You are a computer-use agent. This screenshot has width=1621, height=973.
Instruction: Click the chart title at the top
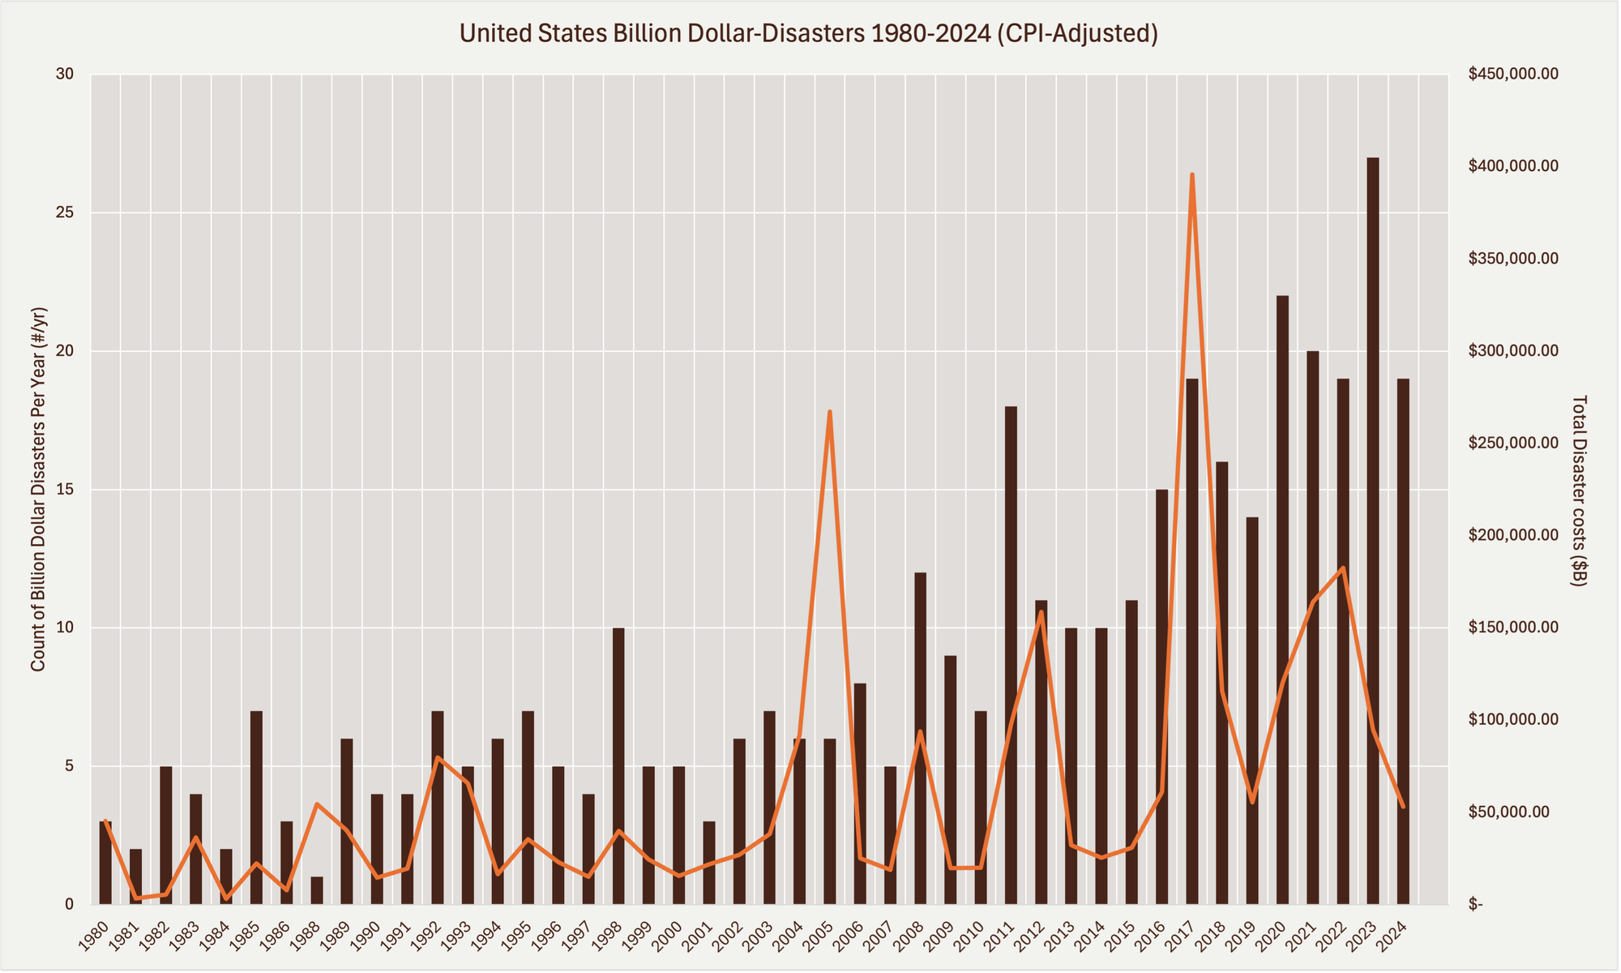[x=809, y=33]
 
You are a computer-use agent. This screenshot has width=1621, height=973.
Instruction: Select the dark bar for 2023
[x=1373, y=531]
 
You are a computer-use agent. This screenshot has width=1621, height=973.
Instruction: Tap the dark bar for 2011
[x=1011, y=655]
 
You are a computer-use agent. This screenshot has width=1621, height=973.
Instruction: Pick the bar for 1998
[x=618, y=766]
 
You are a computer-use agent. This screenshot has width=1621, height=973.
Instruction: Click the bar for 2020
[x=1282, y=600]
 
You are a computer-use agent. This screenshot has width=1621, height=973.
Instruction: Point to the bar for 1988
[x=317, y=890]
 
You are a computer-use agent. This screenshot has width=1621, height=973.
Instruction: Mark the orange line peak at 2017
[x=1191, y=174]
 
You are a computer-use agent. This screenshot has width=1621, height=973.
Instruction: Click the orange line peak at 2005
[x=829, y=412]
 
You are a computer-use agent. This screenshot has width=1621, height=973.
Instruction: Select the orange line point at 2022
[x=1342, y=568]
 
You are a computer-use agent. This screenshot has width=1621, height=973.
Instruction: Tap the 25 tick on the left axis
[x=64, y=213]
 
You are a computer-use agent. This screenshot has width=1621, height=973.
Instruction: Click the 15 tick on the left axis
[x=64, y=490]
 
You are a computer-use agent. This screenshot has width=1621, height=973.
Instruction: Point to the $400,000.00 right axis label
[x=1512, y=166]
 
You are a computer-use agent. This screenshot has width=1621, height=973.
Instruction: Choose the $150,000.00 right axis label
[x=1512, y=628]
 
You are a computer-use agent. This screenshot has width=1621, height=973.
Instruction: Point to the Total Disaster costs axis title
[x=1580, y=491]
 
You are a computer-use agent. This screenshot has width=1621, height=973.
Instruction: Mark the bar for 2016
[x=1161, y=697]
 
